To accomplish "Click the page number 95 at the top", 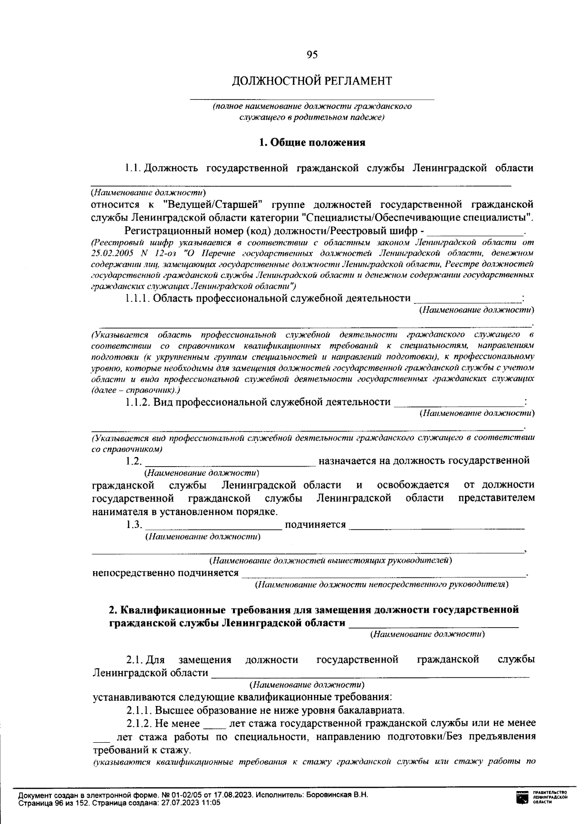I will pos(312,55).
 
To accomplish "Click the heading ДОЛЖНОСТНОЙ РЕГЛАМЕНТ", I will pos(312,81).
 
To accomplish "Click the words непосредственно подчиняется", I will pos(165,573).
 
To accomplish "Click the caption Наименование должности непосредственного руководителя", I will pos(382,585).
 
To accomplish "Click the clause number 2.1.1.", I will pos(139,710).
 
